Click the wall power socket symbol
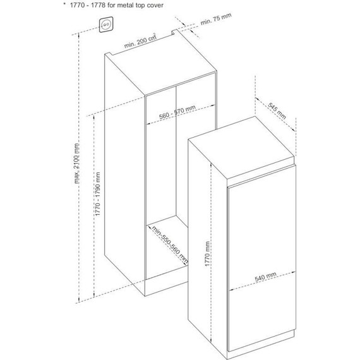[106, 25]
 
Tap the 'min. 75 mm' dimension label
[216, 19]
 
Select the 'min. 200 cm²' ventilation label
[140, 40]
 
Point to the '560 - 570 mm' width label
[177, 112]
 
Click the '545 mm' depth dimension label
[277, 111]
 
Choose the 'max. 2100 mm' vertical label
[76, 164]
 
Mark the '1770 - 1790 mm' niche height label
[97, 194]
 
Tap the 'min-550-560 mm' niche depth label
[170, 245]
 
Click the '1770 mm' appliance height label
[207, 254]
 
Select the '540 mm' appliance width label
[266, 277]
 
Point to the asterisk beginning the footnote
[64, 4]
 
